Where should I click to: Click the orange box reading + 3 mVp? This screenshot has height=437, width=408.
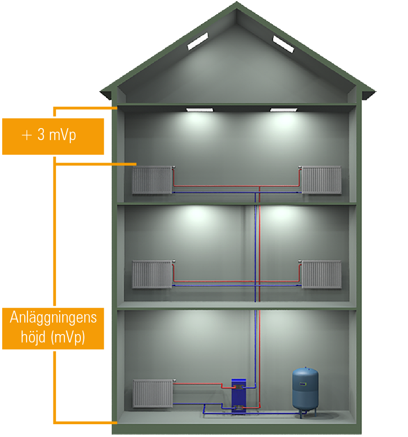pyautogui.click(x=53, y=136)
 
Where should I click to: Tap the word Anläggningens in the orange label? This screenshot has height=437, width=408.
pyautogui.click(x=53, y=317)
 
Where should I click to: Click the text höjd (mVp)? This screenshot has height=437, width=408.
pyautogui.click(x=53, y=337)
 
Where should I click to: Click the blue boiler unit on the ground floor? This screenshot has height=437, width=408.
pyautogui.click(x=239, y=395)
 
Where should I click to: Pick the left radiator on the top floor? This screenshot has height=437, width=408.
pyautogui.click(x=152, y=180)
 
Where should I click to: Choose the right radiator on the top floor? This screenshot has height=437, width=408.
pyautogui.click(x=321, y=180)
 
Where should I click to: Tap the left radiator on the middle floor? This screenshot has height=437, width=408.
pyautogui.click(x=152, y=274)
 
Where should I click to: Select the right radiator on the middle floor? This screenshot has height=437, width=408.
pyautogui.click(x=321, y=274)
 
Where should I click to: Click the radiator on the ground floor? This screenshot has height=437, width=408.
pyautogui.click(x=152, y=393)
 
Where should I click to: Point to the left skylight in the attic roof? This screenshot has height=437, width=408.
pyautogui.click(x=198, y=42)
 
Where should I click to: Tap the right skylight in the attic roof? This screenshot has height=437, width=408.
pyautogui.click(x=283, y=44)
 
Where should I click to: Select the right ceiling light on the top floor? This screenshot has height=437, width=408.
pyautogui.click(x=283, y=110)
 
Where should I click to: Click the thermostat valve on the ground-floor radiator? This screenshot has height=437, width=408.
pyautogui.click(x=175, y=380)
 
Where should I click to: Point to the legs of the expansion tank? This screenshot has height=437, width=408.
pyautogui.click(x=305, y=413)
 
